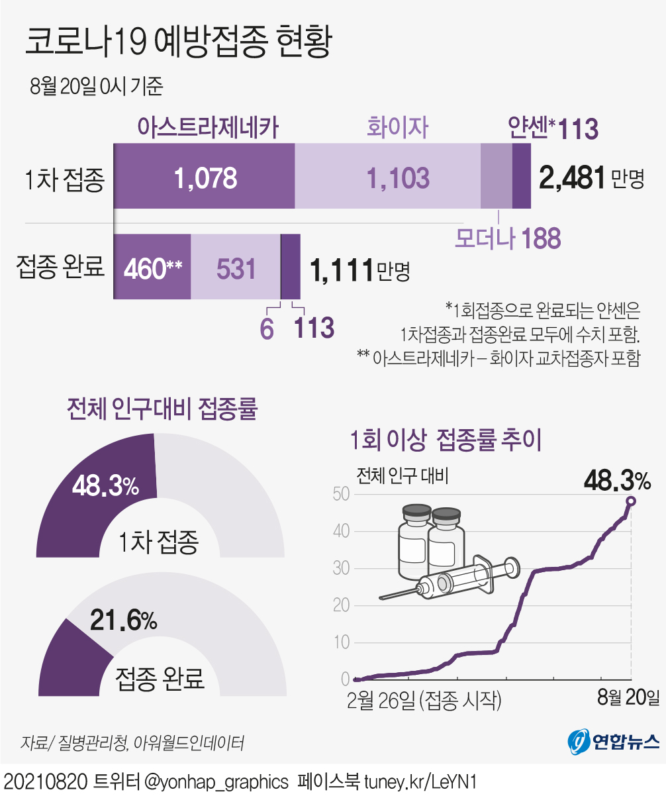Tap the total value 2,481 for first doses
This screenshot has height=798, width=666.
pos(572,177)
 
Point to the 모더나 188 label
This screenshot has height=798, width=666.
pos(508,238)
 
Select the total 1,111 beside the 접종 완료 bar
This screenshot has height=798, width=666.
pos(341,270)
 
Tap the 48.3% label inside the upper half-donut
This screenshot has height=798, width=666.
pos(106,487)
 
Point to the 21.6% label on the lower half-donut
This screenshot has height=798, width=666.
pos(124,621)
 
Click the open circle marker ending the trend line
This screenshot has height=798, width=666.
pos(631,501)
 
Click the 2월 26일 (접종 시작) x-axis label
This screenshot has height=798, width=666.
pos(424,699)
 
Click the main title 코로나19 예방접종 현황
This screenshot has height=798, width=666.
pos(177,44)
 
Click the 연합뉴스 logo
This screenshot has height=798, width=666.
pos(614,740)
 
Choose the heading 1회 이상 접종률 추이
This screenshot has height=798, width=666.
pos(446,440)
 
